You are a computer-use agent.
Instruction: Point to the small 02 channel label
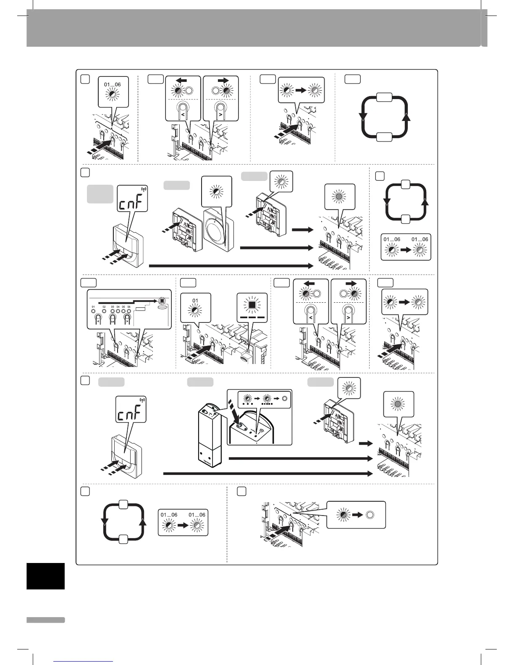click(104, 307)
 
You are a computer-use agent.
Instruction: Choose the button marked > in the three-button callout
click(127, 320)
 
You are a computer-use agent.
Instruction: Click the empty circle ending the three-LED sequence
click(284, 398)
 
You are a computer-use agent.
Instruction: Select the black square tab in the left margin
click(45, 576)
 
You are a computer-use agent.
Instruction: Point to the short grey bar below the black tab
click(45, 620)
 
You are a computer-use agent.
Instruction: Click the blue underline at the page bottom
click(84, 661)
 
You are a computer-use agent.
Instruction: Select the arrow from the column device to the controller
click(300, 458)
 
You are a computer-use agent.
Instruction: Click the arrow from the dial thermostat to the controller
click(277, 248)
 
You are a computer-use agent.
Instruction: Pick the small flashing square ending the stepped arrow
click(162, 301)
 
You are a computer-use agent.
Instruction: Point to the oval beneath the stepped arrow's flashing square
click(162, 307)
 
